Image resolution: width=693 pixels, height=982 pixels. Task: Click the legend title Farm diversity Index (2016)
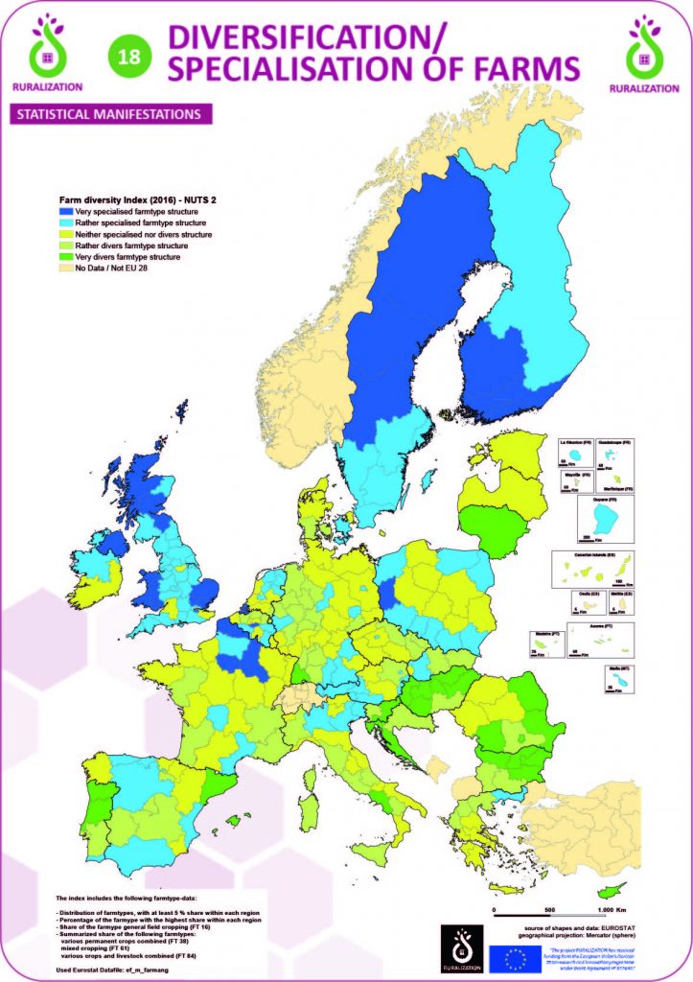(131, 199)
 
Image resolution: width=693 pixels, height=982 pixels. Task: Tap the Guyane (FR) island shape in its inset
(604, 519)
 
